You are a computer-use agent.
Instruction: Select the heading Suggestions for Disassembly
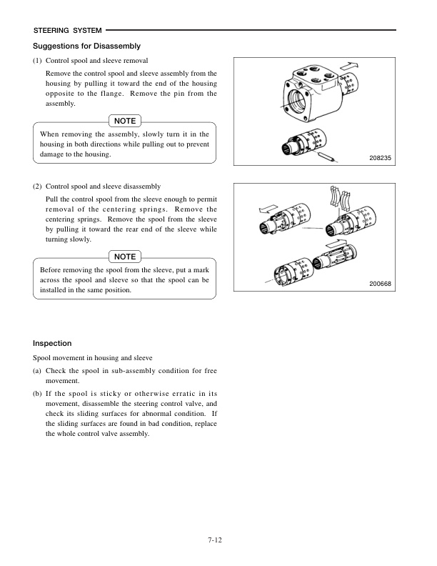[x=81, y=46]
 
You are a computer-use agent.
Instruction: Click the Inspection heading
[x=52, y=343]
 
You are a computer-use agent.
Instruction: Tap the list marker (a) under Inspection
[x=38, y=370]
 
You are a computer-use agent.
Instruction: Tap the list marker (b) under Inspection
[x=38, y=393]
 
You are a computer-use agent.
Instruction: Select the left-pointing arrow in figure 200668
[x=266, y=210]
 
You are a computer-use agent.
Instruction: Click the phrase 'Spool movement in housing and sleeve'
[x=93, y=357]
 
